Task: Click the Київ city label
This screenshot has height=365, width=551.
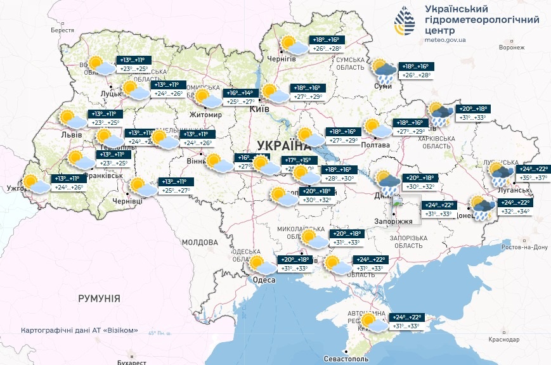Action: coord(259,109)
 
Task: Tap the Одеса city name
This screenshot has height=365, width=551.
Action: coord(263,280)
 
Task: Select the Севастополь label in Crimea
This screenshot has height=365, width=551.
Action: coord(347,359)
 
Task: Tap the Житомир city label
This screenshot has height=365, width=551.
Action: coord(205,115)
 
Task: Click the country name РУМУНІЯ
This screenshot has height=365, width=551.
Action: coord(99,298)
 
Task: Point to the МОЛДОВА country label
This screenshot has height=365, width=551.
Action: coord(200,242)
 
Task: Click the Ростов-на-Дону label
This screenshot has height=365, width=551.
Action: coord(524,247)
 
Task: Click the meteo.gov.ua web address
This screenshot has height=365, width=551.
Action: coord(447,39)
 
